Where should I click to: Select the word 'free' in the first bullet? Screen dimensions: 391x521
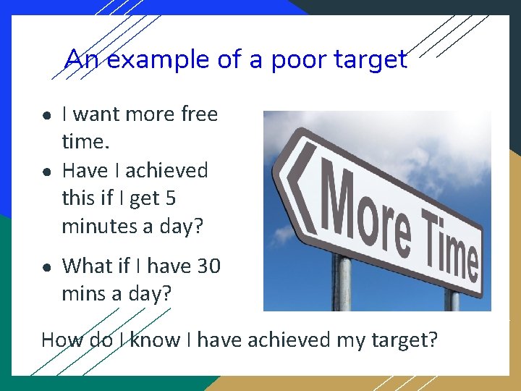(199, 114)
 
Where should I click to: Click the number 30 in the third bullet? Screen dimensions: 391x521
(208, 266)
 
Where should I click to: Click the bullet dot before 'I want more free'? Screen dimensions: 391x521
(46, 115)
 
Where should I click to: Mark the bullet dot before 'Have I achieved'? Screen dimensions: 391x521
(46, 172)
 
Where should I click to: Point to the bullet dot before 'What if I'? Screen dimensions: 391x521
(46, 267)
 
